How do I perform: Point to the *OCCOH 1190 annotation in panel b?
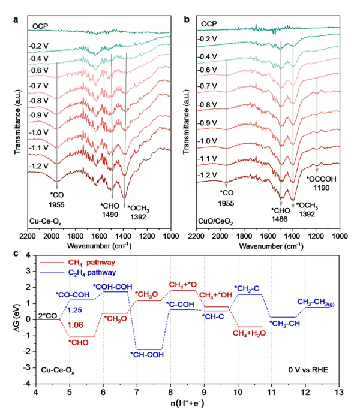[321, 183]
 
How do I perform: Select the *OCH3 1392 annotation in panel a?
[139, 212]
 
